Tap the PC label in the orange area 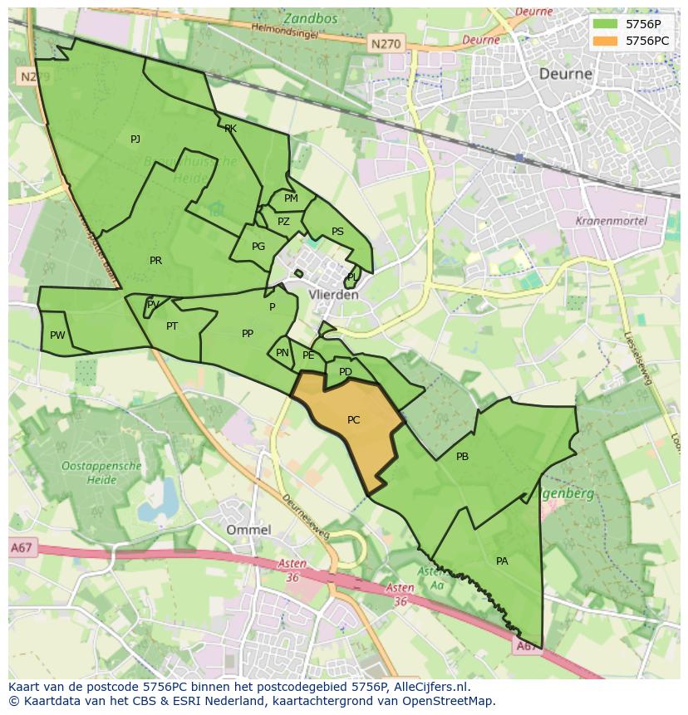353,420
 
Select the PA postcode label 502,561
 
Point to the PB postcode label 462,457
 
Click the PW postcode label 57,335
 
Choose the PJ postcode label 135,140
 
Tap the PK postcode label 230,129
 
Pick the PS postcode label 337,232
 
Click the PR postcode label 155,261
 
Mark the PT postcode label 172,326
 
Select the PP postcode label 248,334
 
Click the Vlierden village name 333,295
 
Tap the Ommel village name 248,529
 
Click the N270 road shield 385,44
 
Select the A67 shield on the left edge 22,547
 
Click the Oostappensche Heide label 101,473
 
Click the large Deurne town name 566,73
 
